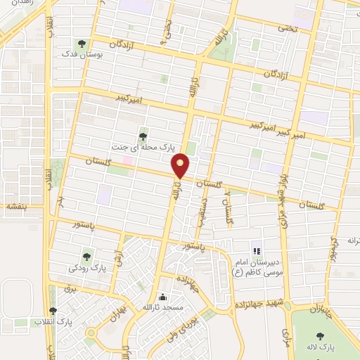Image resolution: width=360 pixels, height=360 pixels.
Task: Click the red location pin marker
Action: [181, 166]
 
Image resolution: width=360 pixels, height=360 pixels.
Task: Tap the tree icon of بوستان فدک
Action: [84, 44]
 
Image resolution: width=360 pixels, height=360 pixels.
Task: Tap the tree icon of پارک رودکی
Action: [87, 257]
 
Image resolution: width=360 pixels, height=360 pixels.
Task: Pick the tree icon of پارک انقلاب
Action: [53, 311]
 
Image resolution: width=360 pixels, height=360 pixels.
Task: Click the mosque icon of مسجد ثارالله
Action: [163, 297]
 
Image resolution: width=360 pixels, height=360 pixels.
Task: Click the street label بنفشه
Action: [15, 207]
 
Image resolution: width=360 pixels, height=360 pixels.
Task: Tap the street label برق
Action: [69, 288]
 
